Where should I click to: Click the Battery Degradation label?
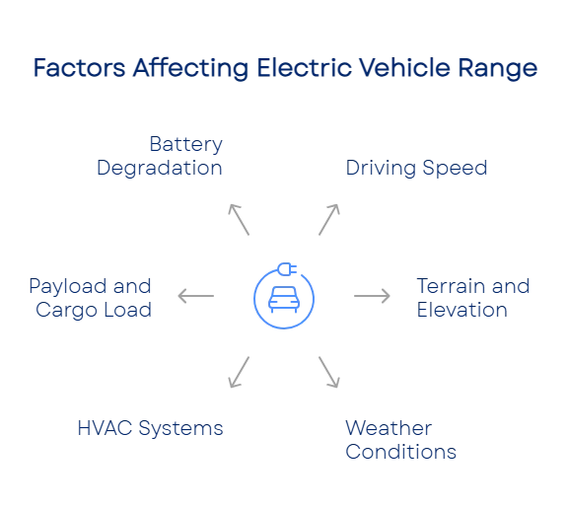[160, 156]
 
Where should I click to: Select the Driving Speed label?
[416, 168]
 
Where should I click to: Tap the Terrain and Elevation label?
[473, 298]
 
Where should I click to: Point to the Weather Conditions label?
[400, 440]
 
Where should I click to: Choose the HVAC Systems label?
[150, 428]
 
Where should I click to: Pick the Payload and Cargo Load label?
[90, 298]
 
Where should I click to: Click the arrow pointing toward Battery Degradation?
[239, 220]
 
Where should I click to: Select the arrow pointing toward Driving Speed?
[329, 220]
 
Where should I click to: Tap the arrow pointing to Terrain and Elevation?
[372, 296]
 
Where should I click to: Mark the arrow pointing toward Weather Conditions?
[329, 373]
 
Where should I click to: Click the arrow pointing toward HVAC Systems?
[239, 373]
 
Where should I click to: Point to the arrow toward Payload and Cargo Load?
[195, 296]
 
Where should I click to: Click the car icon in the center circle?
[284, 300]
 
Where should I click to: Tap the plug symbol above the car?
[287, 269]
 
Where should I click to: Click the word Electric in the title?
[305, 68]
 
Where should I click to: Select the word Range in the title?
[498, 69]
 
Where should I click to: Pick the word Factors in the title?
[79, 68]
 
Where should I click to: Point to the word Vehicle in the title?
[405, 68]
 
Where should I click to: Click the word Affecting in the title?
[191, 69]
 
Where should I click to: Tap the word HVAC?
[105, 428]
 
